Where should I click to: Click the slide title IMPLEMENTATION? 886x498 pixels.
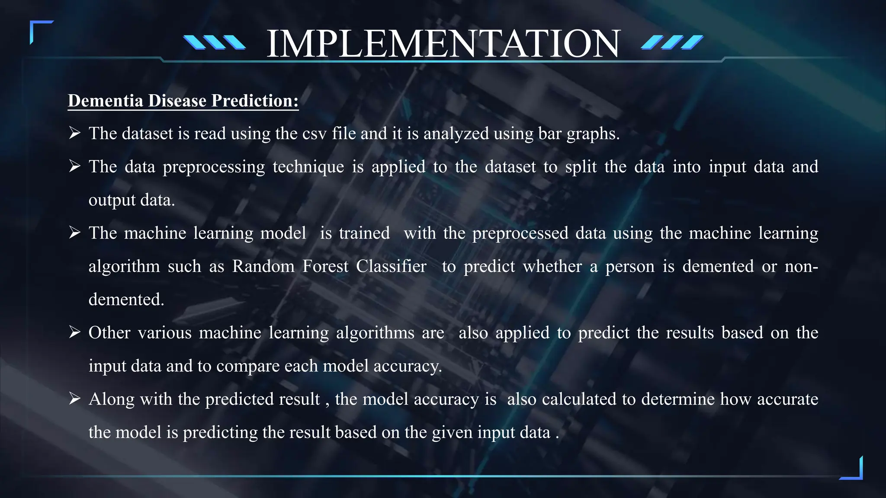point(443,43)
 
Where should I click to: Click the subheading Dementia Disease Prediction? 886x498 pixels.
point(183,101)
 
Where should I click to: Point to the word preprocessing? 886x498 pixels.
point(214,167)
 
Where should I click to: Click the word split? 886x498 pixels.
point(581,167)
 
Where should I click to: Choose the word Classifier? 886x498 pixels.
point(391,266)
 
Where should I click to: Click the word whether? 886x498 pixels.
point(552,266)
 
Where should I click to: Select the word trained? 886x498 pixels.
point(364,233)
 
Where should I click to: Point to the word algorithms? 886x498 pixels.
point(375,333)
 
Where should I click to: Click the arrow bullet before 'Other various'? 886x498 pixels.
point(75,332)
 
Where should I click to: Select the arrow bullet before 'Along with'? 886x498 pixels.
point(75,399)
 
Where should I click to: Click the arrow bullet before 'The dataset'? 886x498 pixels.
point(75,133)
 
